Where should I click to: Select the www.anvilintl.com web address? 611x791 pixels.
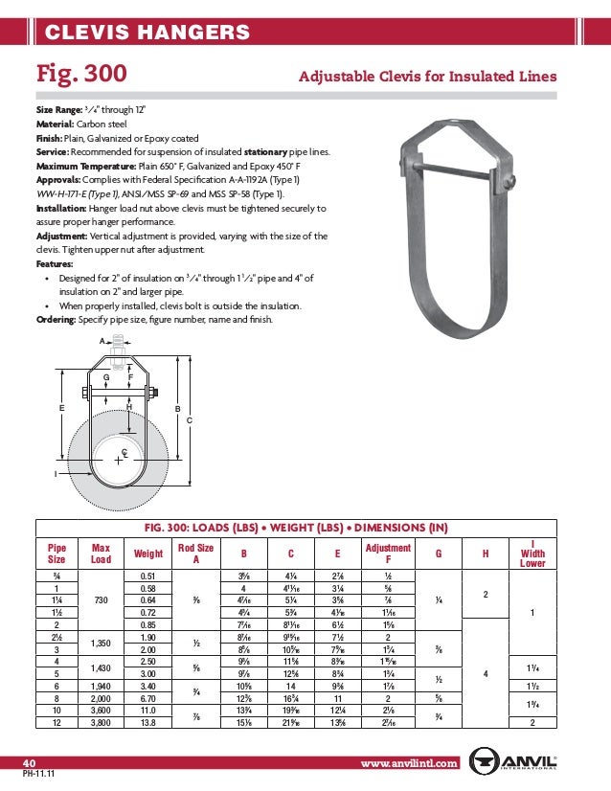(410, 763)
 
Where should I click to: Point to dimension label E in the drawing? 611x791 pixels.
(62, 407)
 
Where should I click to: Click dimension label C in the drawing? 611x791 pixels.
(190, 419)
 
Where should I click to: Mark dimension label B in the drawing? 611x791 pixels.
(177, 409)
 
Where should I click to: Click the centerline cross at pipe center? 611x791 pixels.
(118, 461)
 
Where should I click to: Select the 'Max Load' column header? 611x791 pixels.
(101, 554)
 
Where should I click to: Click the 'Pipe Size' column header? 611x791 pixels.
(57, 554)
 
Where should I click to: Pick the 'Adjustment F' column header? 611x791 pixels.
(388, 554)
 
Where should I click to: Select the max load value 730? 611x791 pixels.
(101, 600)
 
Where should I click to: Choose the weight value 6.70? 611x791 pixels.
(147, 700)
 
